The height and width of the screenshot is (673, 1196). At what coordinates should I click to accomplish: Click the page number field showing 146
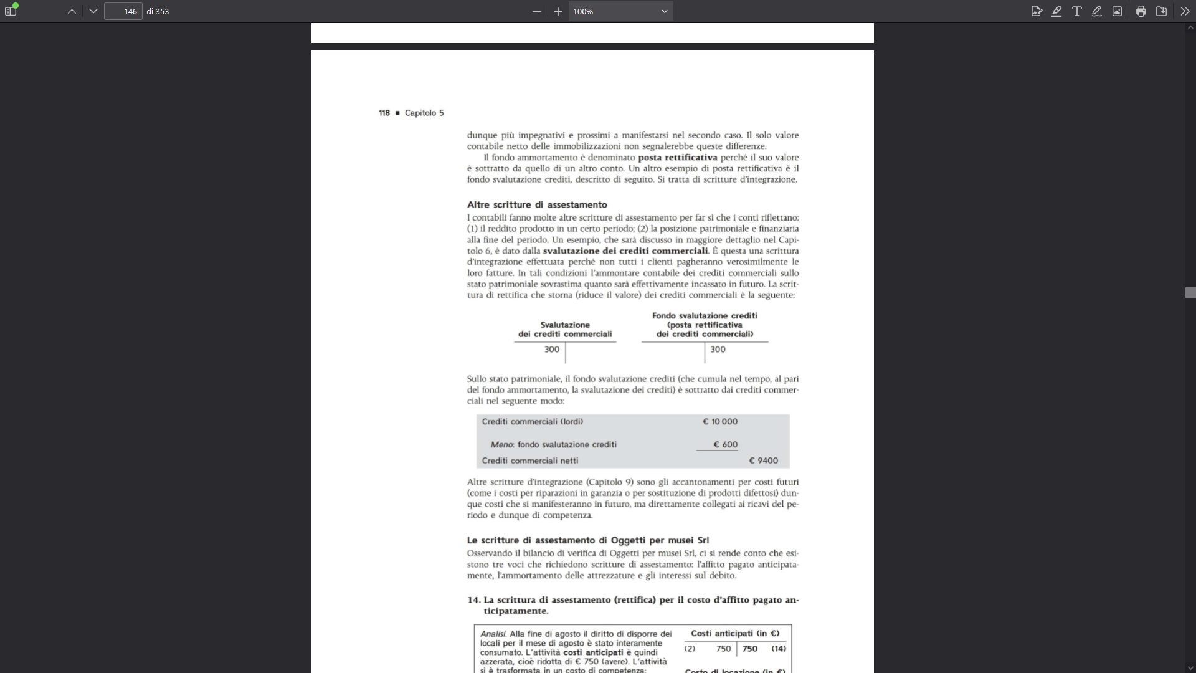[123, 11]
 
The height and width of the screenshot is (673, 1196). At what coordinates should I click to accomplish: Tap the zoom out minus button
[536, 11]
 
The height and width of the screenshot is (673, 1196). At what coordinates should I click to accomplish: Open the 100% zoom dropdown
[620, 11]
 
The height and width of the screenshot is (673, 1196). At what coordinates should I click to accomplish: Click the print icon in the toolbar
[1141, 11]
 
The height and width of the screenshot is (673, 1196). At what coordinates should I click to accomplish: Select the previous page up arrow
[72, 11]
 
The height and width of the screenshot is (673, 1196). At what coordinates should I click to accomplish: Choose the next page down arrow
[93, 11]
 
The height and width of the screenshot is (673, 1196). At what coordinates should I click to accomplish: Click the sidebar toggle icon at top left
[11, 11]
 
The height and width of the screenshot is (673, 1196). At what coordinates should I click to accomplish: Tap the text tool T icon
[1076, 11]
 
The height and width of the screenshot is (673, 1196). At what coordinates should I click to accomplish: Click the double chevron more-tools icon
[1185, 11]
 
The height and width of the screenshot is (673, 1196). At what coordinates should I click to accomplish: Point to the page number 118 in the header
[384, 113]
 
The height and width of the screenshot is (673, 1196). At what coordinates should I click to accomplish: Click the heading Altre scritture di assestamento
[537, 204]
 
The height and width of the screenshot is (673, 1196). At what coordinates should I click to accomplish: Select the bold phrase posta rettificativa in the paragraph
[677, 158]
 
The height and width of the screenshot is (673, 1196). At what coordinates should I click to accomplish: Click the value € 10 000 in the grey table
[720, 422]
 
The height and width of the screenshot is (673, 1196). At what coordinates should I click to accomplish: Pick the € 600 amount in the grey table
[726, 445]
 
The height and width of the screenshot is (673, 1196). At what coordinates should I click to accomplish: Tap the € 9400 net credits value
[764, 461]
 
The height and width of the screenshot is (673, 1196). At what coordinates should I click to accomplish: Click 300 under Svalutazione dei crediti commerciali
[552, 350]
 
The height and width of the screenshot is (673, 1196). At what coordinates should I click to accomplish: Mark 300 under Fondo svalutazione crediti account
[718, 350]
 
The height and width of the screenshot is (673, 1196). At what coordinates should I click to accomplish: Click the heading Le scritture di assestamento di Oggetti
[587, 540]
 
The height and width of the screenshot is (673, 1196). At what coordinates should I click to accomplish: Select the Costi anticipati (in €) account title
[735, 634]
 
